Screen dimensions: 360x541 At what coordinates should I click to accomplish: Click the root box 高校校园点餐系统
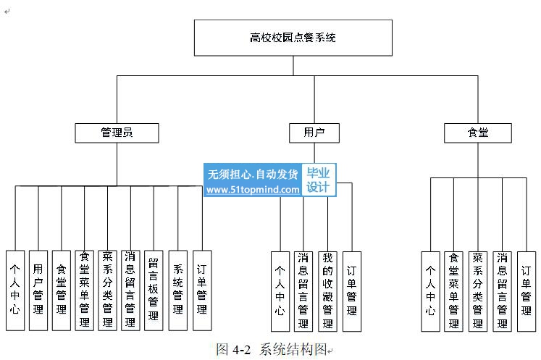tap(293, 38)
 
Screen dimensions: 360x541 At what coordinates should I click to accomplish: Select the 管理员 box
tap(117, 133)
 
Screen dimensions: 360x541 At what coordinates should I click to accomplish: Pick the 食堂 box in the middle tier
tap(477, 133)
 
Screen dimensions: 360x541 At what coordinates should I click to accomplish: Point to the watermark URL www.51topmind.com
tap(253, 190)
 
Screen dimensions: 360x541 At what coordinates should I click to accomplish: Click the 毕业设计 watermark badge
tap(318, 180)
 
